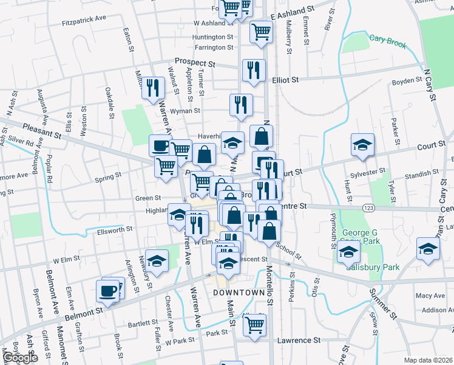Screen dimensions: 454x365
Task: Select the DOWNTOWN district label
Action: coord(240,293)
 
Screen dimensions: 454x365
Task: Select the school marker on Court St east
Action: coord(362,145)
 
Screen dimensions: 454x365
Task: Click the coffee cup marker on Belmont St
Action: coord(109,290)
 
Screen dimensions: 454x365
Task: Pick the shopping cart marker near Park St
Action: coord(254,324)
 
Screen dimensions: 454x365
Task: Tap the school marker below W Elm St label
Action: coord(157,262)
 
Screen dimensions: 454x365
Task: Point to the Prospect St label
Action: coord(195,62)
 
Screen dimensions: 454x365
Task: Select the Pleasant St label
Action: coord(44,130)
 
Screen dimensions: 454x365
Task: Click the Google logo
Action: coord(19,358)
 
